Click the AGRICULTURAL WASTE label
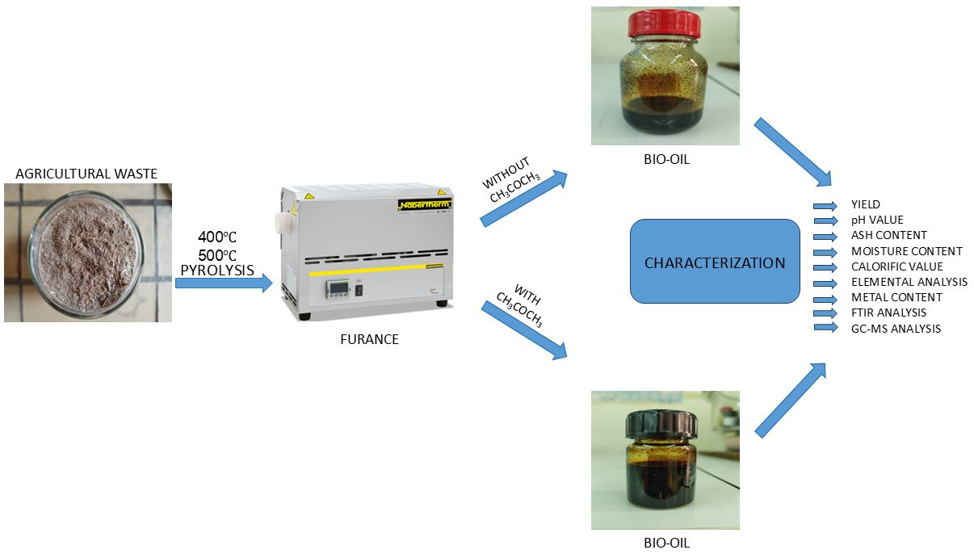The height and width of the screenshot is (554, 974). [x=87, y=172]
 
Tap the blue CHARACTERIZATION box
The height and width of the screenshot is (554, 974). [x=715, y=262]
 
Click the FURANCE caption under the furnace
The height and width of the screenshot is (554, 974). [x=369, y=339]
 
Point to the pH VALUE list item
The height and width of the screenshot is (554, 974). [x=877, y=220]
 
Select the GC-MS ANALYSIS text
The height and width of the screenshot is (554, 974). [x=896, y=329]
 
